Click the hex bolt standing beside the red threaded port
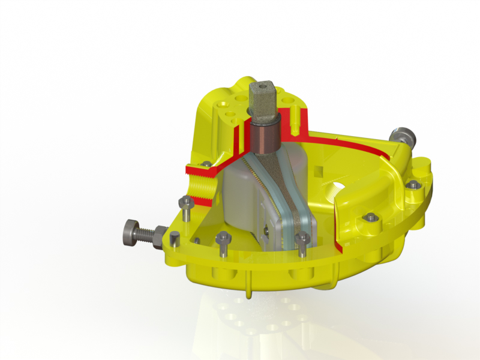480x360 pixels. [x=186, y=206]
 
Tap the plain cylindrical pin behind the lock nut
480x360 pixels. [x=174, y=239]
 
